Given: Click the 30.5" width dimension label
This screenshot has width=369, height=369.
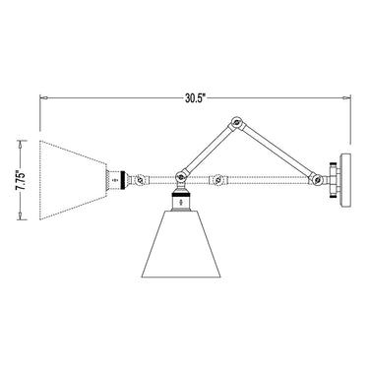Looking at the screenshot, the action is click(x=195, y=98).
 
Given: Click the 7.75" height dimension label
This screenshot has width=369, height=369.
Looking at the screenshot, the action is click(x=21, y=180).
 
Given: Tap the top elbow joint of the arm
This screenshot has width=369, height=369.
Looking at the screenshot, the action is click(x=236, y=124).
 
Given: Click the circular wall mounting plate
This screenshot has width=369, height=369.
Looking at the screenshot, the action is click(x=345, y=180).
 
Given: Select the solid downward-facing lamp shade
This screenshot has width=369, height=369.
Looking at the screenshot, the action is click(x=181, y=243).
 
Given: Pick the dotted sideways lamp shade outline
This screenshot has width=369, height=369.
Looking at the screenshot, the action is click(x=73, y=180).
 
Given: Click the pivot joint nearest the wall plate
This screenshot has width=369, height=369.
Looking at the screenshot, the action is click(x=317, y=179).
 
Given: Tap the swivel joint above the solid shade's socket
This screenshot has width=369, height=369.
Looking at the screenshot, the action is click(x=181, y=177).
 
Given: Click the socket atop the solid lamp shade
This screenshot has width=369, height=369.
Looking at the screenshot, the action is click(x=181, y=199).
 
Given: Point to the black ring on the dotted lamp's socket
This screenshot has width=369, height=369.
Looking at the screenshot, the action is click(x=123, y=180).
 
